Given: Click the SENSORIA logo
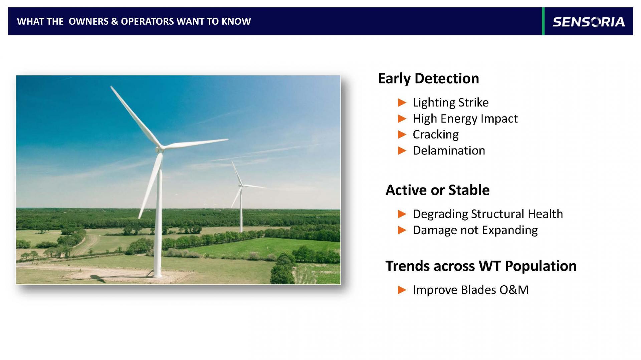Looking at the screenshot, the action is click(589, 22).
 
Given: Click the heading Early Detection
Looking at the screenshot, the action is click(428, 79).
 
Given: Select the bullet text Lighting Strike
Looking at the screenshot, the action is click(450, 102).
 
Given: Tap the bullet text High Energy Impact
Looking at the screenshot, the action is click(465, 118).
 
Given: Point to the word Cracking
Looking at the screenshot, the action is click(436, 134).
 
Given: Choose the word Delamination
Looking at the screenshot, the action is click(449, 150).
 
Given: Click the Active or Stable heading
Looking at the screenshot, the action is click(437, 190).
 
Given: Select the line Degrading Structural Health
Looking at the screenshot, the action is click(488, 214).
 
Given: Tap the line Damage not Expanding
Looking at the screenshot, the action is click(475, 230).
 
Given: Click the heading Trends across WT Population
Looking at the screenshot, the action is click(481, 266).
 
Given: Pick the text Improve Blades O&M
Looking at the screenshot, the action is click(470, 290).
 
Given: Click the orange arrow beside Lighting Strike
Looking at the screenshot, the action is click(402, 103).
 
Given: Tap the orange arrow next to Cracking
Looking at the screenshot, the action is click(402, 135).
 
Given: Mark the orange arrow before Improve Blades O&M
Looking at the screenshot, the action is click(402, 290).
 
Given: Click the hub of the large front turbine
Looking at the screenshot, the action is click(160, 148).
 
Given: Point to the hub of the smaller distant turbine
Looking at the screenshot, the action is click(240, 185).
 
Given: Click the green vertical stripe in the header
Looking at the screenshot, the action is click(543, 21).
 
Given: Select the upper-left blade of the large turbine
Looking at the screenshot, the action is click(136, 116).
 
